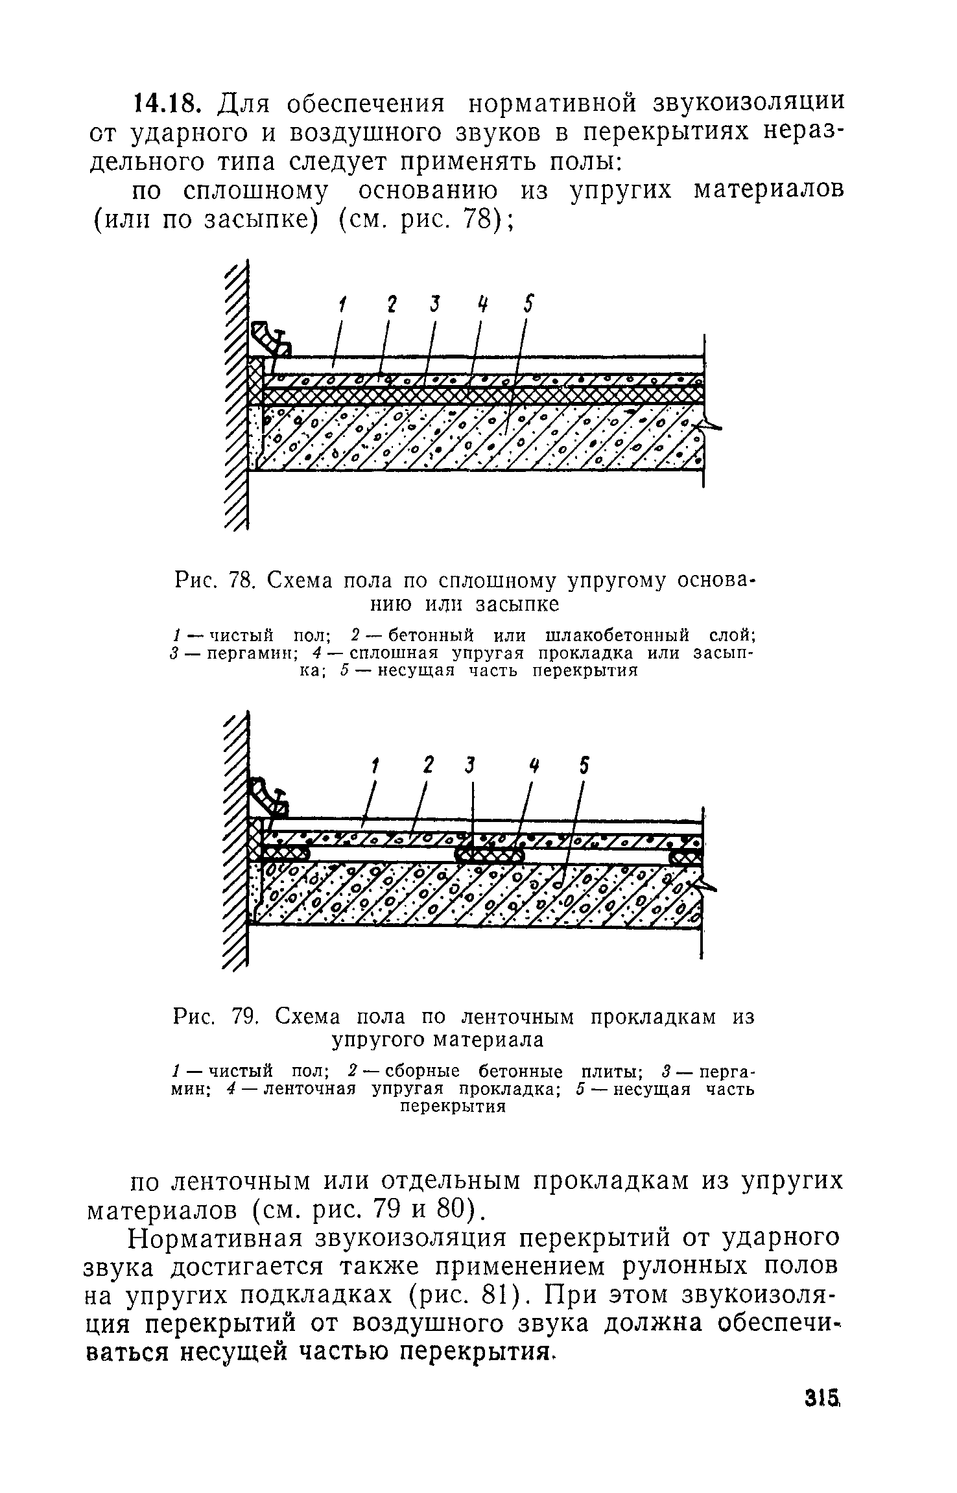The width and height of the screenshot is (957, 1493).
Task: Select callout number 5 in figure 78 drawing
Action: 529,304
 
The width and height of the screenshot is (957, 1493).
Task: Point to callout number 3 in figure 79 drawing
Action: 471,766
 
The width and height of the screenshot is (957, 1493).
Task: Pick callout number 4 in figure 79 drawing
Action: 534,766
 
